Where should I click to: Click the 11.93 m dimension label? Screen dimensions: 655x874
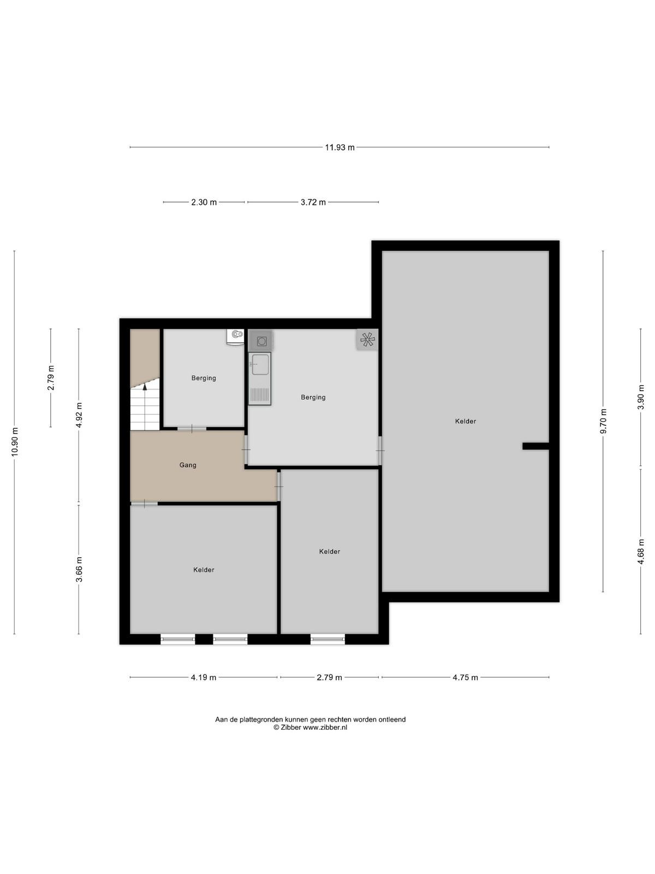point(340,147)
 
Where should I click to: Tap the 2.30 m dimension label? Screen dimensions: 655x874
point(204,202)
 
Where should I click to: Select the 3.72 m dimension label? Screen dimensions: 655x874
point(313,202)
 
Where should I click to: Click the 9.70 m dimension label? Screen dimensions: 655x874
point(603,421)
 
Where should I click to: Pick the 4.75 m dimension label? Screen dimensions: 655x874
point(465,677)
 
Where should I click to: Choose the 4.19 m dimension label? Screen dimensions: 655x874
point(204,677)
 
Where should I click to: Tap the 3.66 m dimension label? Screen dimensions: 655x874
point(79,569)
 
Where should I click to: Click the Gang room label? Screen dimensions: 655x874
point(188,465)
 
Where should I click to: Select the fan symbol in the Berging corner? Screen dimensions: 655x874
point(367,340)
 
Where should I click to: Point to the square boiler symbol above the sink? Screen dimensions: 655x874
point(261,341)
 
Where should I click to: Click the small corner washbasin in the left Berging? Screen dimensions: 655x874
point(237,335)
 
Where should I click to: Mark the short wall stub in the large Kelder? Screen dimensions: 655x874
point(535,446)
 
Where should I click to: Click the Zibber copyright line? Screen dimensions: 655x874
point(310,727)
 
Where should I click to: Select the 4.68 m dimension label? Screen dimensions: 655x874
point(641,552)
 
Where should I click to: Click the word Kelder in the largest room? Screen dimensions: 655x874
point(465,421)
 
